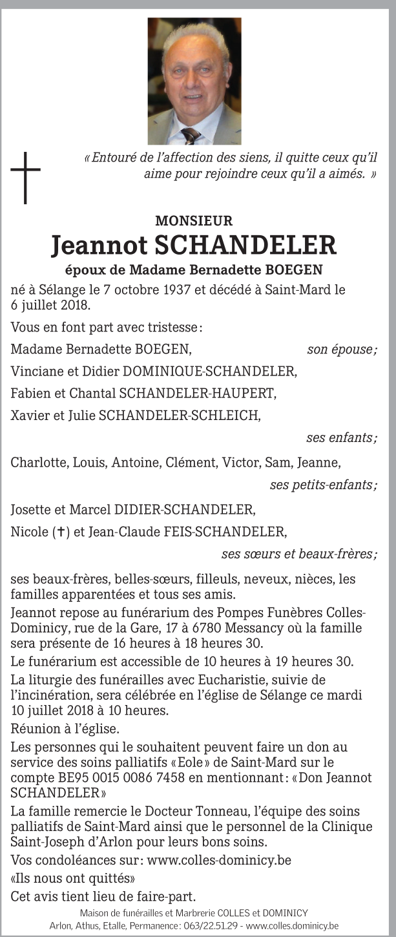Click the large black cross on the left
25,176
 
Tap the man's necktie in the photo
191,135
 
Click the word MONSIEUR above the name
194,221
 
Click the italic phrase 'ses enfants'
341,437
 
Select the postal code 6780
239,627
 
